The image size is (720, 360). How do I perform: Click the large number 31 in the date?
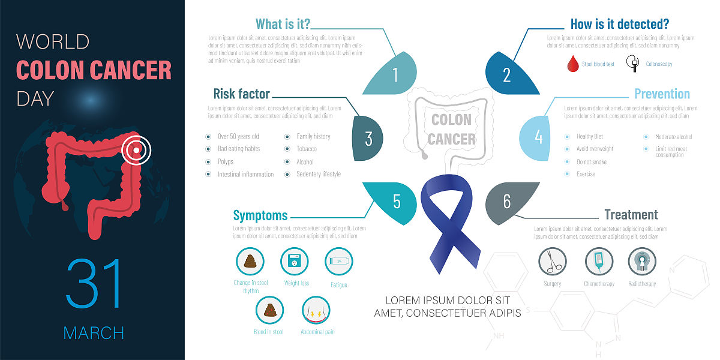(94, 283)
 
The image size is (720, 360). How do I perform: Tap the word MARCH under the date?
(94, 332)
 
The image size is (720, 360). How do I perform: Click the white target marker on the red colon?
(136, 150)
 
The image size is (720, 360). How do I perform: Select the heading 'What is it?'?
(283, 24)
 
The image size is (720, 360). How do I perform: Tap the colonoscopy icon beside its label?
(632, 63)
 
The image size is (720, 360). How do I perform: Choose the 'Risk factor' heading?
(241, 94)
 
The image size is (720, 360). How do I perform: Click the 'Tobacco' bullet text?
(307, 149)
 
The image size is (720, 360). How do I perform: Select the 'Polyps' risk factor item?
(226, 162)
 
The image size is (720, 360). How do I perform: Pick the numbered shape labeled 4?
(536, 137)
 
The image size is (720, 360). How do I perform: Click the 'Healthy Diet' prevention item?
(590, 137)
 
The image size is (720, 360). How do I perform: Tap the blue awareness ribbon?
(450, 222)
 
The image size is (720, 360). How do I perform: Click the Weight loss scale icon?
(295, 261)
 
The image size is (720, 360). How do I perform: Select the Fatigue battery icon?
(339, 261)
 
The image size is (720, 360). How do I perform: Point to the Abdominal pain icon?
(316, 310)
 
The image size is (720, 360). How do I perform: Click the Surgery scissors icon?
(553, 261)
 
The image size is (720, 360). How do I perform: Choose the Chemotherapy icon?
(599, 261)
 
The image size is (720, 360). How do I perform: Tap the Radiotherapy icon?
(642, 261)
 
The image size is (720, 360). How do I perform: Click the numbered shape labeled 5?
(395, 202)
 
